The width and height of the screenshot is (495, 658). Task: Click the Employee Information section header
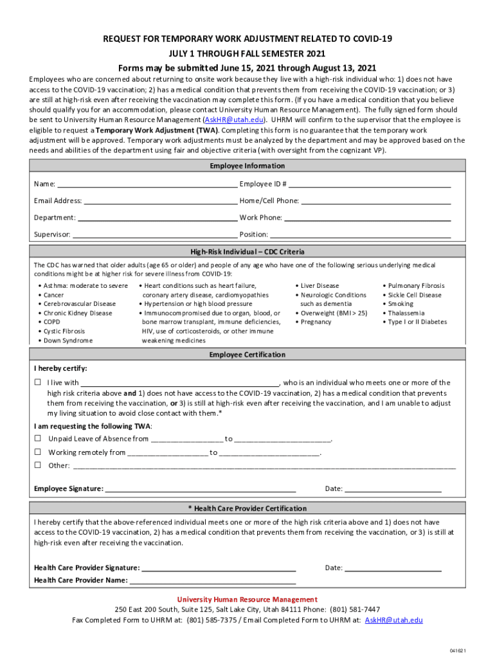point(248,166)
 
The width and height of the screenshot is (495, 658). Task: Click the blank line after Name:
point(147,184)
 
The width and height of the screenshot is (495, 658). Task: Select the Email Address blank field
point(160,201)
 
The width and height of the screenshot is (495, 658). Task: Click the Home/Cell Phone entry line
point(376,201)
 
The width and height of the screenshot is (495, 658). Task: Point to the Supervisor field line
point(154,235)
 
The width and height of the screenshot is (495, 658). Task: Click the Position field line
point(360,235)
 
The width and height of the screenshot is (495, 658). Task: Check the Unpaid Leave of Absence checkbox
point(38,439)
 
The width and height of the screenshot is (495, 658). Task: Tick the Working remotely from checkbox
point(38,452)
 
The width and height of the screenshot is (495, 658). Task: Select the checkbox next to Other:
point(38,466)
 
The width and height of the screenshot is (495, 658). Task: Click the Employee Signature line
point(200,490)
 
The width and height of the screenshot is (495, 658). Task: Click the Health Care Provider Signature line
point(219,569)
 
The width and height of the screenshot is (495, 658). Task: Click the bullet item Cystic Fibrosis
point(64,332)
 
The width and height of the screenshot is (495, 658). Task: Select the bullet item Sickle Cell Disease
point(415,296)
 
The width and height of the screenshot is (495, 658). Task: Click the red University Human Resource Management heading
point(248,600)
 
